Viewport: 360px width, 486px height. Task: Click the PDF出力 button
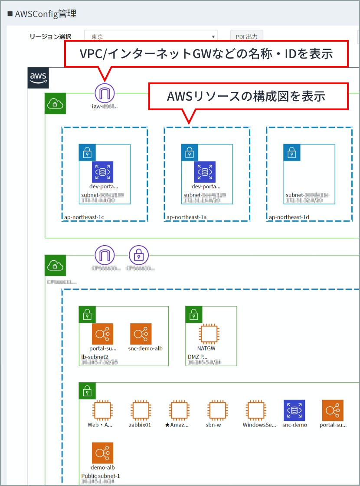click(246, 37)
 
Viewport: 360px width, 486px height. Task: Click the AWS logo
click(38, 78)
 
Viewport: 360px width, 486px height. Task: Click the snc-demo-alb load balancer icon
click(141, 334)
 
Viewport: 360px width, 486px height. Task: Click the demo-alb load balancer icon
click(102, 453)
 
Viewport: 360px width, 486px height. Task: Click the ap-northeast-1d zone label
click(288, 217)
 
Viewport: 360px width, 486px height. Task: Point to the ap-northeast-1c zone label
click(84, 217)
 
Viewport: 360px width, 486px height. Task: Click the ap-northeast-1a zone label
click(186, 217)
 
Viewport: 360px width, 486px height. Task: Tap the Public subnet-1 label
click(101, 476)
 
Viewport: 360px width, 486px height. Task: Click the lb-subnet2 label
click(95, 357)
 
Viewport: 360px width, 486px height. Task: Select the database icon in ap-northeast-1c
click(102, 172)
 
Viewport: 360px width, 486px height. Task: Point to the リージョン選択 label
click(50, 37)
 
